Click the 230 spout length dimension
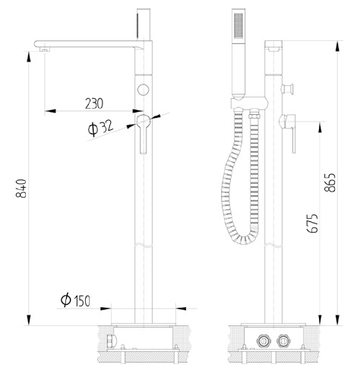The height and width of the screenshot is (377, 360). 95,101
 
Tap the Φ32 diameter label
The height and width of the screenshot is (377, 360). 100,127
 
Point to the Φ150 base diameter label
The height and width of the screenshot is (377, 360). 76,301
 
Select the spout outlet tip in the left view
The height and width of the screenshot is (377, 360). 43,47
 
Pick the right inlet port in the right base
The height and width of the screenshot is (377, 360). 284,340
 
